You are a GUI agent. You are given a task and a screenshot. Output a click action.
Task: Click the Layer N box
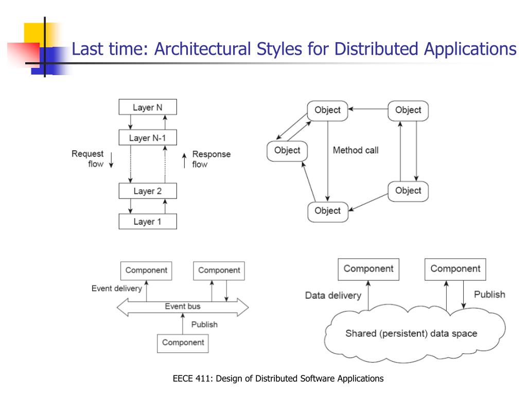[x=148, y=107]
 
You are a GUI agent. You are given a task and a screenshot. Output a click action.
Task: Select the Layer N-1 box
[x=148, y=138]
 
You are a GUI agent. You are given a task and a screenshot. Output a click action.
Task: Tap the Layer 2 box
[x=148, y=191]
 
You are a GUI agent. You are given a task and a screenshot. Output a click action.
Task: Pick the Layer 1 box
[x=148, y=222]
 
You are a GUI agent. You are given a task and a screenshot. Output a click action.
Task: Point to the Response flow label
[x=211, y=159]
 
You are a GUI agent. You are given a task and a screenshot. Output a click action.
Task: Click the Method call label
[x=356, y=150]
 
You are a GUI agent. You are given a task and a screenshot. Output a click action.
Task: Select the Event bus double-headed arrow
[x=183, y=307]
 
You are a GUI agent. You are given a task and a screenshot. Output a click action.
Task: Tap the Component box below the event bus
[x=183, y=343]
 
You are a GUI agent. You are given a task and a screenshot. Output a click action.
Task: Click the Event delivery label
[x=116, y=289]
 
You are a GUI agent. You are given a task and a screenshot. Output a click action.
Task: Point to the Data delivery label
[x=333, y=295]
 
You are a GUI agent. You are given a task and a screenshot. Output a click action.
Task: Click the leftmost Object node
[x=287, y=150]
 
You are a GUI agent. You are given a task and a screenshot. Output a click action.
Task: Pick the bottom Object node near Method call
[x=327, y=211]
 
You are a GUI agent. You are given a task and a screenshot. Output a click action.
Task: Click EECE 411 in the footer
[x=192, y=379]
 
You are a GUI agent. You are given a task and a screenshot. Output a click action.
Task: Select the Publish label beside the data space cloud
[x=489, y=294]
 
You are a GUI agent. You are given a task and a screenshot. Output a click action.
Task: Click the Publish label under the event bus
[x=204, y=325]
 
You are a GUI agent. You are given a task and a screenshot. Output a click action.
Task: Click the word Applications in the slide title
[x=470, y=49]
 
